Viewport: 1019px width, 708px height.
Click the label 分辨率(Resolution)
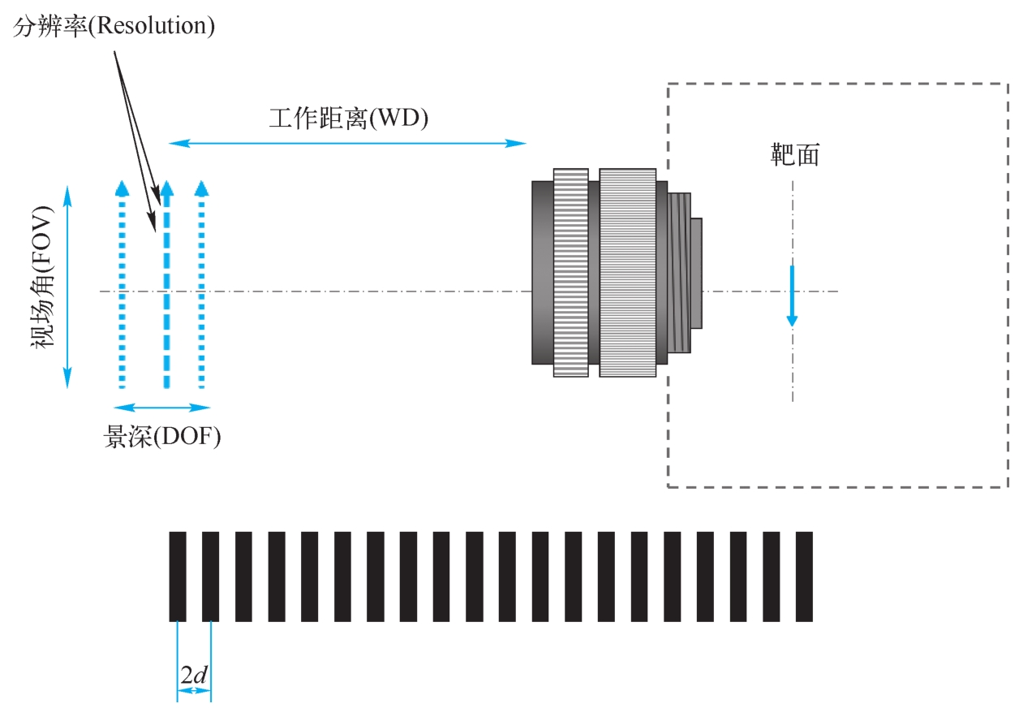[x=114, y=27]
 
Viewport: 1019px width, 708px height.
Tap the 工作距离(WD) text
[x=348, y=119]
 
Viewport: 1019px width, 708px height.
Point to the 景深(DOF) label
[x=162, y=436]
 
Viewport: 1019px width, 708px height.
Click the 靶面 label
[x=794, y=155]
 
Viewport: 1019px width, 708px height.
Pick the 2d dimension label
[x=194, y=675]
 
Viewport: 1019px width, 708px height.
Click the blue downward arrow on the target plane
[x=792, y=296]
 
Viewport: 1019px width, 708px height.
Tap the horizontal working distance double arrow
[x=348, y=144]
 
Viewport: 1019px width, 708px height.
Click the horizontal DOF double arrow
[x=162, y=408]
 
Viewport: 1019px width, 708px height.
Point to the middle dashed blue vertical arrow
[x=166, y=285]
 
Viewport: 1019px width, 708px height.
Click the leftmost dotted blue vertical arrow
[x=122, y=285]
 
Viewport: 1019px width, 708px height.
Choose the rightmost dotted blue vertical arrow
[x=202, y=285]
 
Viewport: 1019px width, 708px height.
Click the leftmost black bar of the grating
[x=178, y=576]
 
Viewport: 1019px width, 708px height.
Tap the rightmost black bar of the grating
[x=804, y=576]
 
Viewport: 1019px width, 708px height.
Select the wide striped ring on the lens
[x=627, y=273]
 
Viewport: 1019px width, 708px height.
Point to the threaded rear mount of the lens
[x=680, y=273]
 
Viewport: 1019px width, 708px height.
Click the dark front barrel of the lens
[x=542, y=273]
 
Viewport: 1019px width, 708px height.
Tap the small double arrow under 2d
[x=194, y=691]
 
